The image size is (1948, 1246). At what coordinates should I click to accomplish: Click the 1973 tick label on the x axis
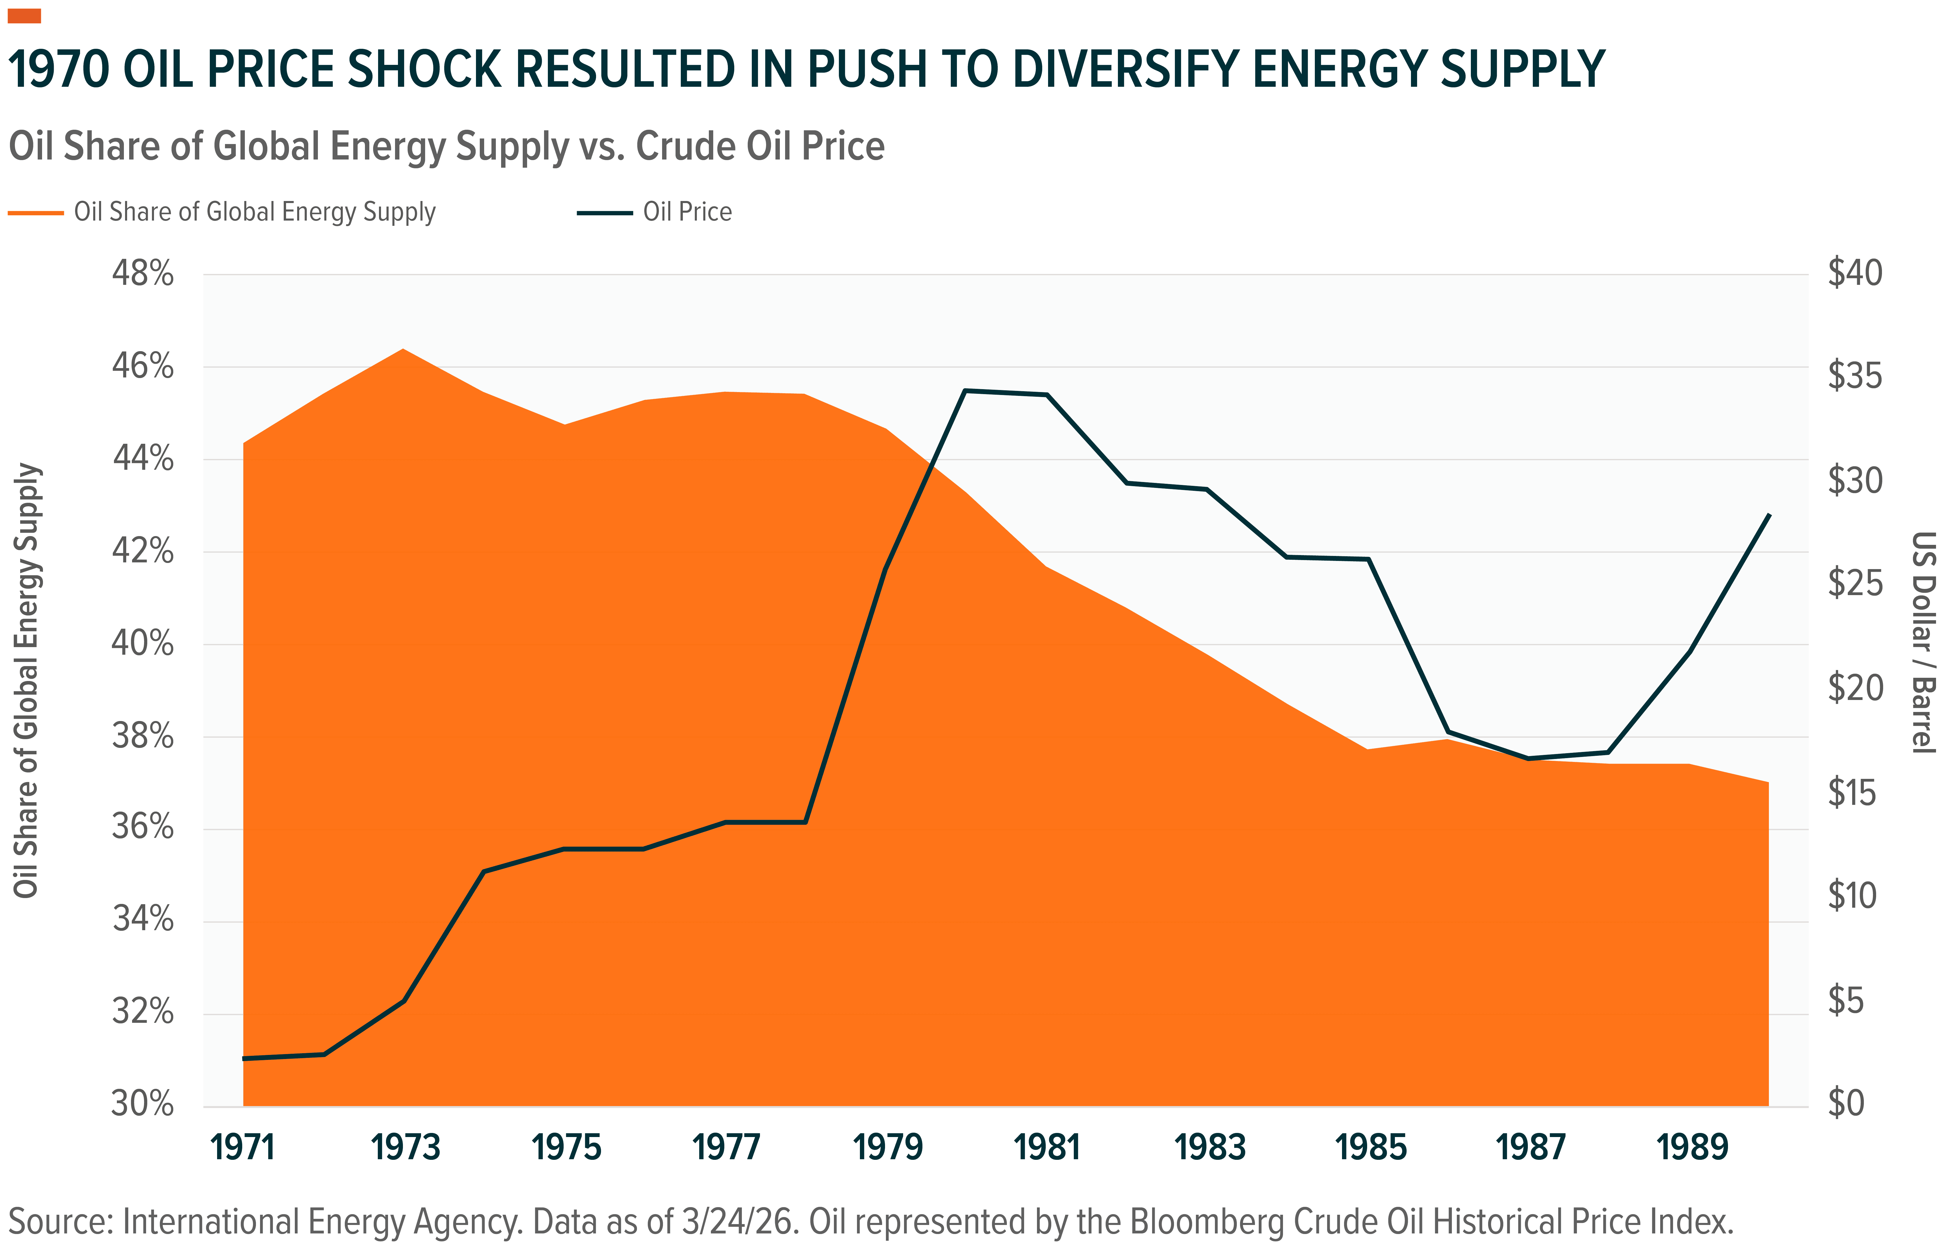tap(404, 1147)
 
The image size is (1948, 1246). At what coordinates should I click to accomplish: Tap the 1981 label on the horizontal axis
tap(1047, 1147)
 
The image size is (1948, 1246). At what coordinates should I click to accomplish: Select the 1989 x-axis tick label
tap(1691, 1147)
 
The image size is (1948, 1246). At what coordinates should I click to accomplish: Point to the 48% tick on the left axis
tap(142, 274)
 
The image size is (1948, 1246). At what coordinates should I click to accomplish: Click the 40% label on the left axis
tap(142, 645)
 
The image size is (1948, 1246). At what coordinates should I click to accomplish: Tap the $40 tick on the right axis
tap(1855, 273)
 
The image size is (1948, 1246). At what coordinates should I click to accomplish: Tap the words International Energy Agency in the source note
tap(320, 1222)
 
